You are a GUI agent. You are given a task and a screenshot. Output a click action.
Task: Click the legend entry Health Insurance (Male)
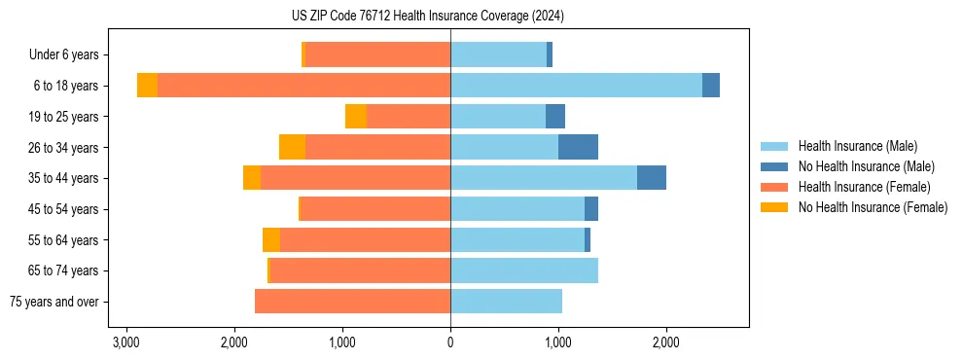coord(857,146)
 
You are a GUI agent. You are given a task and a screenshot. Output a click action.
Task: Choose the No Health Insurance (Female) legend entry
coord(873,207)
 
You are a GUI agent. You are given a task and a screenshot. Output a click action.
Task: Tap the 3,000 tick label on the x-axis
coord(125,342)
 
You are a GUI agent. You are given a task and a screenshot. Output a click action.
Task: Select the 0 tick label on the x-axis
coord(450,342)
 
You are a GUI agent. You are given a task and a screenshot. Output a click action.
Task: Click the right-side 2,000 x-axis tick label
coord(665,342)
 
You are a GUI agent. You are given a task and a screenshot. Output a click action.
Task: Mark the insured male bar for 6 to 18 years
coord(576,86)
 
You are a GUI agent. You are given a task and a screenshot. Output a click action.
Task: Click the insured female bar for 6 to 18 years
coord(303,86)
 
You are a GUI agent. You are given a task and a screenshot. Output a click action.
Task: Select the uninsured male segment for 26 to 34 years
coord(578,147)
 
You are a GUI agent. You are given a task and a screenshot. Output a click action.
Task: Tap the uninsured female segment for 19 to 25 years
coord(356,117)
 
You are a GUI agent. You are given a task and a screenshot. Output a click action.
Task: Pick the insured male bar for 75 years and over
coord(506,302)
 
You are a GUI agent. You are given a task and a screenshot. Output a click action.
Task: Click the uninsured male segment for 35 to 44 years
coord(652,178)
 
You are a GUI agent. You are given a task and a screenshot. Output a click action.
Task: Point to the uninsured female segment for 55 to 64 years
coord(271,240)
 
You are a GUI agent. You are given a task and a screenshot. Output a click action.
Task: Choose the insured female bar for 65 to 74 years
coord(360,270)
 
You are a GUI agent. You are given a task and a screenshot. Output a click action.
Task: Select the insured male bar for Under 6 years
coord(498,55)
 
